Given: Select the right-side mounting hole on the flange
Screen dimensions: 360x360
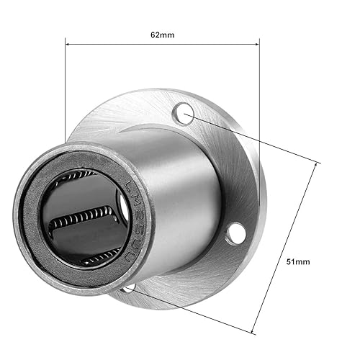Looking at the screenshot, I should pyautogui.click(x=234, y=233).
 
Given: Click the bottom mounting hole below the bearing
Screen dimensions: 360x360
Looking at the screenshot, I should pyautogui.click(x=127, y=289).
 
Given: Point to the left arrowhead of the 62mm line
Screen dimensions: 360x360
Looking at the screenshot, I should pyautogui.click(x=68, y=44).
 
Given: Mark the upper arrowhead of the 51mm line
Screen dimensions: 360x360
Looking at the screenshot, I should pyautogui.click(x=316, y=165).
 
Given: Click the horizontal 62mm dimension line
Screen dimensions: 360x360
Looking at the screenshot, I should pyautogui.click(x=162, y=44).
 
